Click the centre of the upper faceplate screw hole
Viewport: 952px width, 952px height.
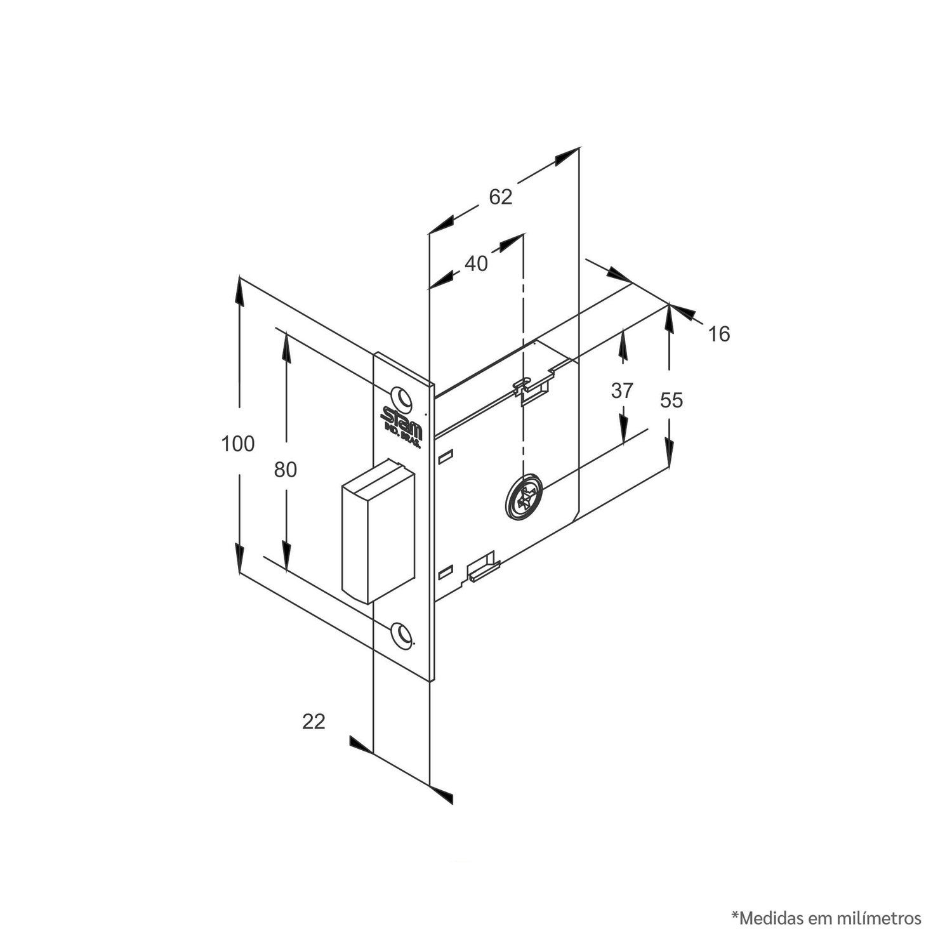tap(401, 397)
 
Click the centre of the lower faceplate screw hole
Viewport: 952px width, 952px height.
tap(401, 635)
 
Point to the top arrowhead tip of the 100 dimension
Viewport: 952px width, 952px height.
tap(240, 276)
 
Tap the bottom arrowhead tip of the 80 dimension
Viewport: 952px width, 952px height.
tap(286, 572)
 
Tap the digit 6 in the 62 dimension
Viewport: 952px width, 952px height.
tap(494, 197)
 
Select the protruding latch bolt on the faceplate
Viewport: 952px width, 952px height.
tap(378, 531)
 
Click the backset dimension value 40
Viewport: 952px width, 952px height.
tap(476, 263)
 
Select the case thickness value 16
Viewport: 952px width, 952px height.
tap(718, 334)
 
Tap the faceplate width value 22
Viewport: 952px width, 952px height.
tap(314, 722)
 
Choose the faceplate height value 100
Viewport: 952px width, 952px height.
tap(238, 444)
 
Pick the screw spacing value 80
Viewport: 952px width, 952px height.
tap(286, 470)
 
